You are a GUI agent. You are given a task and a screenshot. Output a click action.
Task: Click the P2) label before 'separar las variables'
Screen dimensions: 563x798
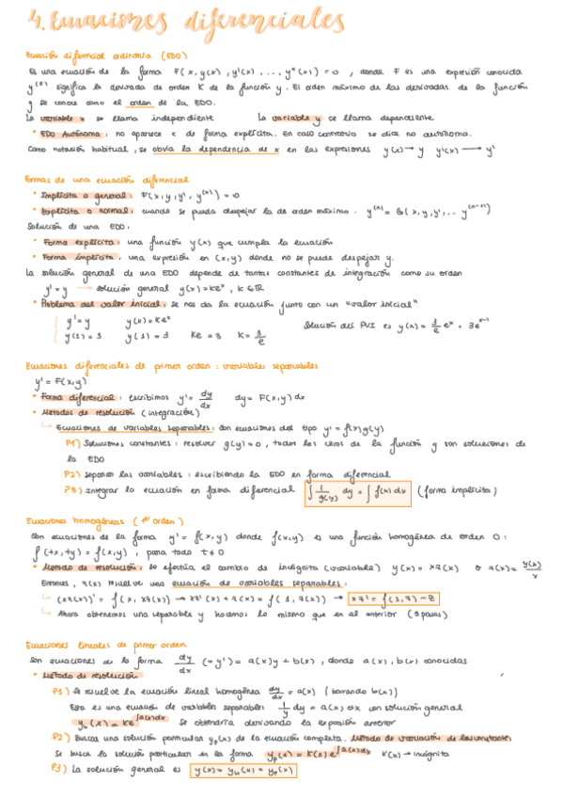click(72, 474)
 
